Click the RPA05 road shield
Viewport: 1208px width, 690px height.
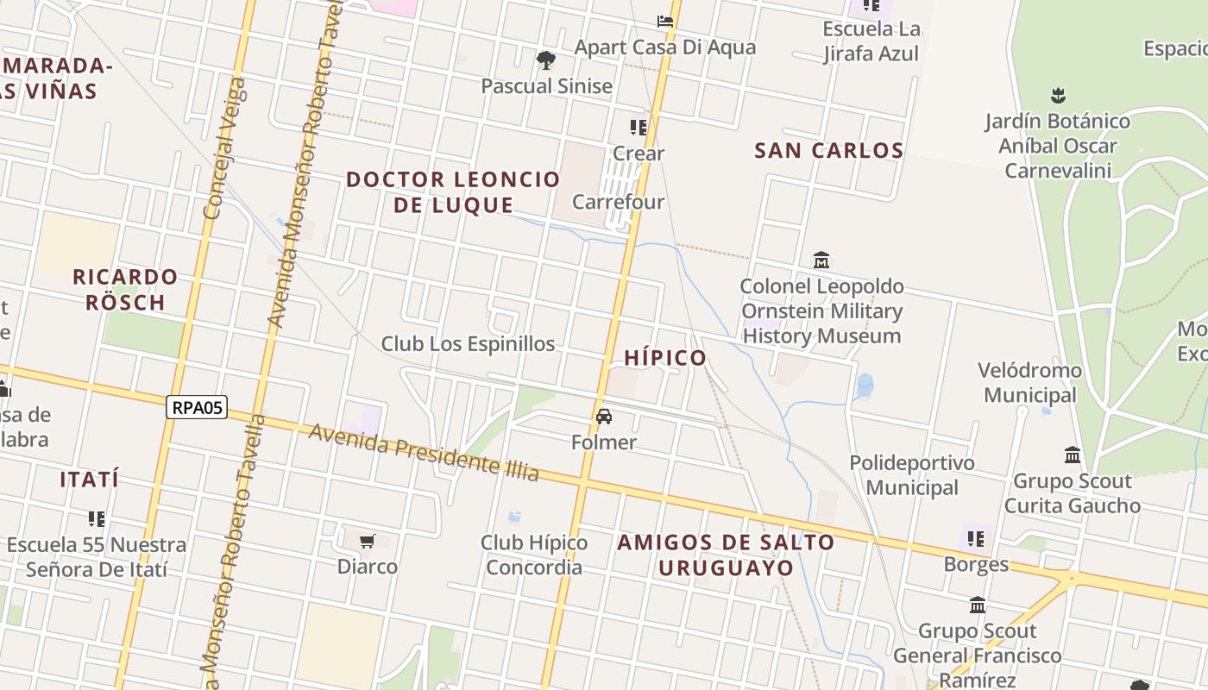tap(197, 407)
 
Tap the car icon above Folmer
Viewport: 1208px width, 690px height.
tap(604, 417)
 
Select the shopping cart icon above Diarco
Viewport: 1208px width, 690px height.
tap(368, 542)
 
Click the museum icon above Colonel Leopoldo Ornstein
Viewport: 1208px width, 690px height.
tap(821, 260)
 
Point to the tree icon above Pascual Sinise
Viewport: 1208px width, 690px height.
tap(545, 60)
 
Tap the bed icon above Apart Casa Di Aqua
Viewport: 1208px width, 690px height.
tap(665, 21)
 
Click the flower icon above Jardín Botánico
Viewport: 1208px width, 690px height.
tap(1058, 95)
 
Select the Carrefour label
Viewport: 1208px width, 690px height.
tap(618, 202)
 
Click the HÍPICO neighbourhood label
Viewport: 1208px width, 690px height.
tap(665, 357)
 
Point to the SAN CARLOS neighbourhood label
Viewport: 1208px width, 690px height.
tap(829, 150)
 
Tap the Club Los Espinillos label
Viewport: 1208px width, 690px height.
tap(468, 343)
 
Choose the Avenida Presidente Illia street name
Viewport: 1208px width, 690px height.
tap(424, 453)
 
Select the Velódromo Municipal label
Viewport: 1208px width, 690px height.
tap(1029, 382)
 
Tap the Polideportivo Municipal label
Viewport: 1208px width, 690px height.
tap(912, 475)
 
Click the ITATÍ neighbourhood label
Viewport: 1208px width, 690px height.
tap(90, 480)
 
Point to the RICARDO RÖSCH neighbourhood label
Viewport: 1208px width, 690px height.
tap(125, 290)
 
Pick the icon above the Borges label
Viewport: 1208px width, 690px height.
tap(976, 539)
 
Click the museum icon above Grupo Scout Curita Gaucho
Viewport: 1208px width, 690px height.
tap(1073, 455)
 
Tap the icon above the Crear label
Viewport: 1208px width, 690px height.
tap(639, 128)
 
